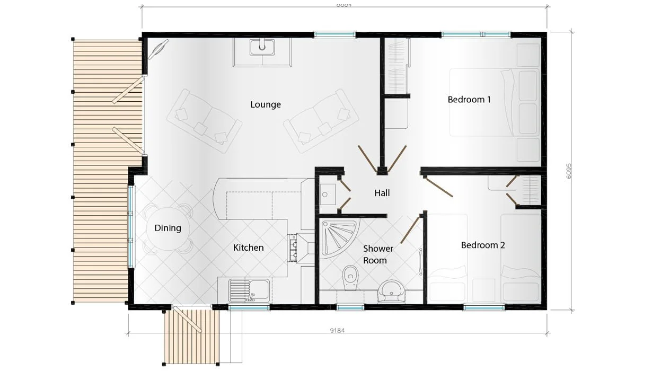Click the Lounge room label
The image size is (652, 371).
(x=266, y=104)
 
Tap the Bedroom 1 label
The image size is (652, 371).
(x=469, y=99)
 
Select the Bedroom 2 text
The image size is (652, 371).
(x=482, y=245)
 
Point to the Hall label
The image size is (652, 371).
(x=382, y=193)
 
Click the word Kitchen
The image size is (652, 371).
(x=248, y=248)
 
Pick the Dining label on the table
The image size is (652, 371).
(x=168, y=228)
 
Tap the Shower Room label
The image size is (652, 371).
(x=378, y=254)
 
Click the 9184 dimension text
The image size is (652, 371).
(x=338, y=331)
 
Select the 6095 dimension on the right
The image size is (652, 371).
(x=569, y=170)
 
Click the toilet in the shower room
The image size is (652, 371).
(x=349, y=278)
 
